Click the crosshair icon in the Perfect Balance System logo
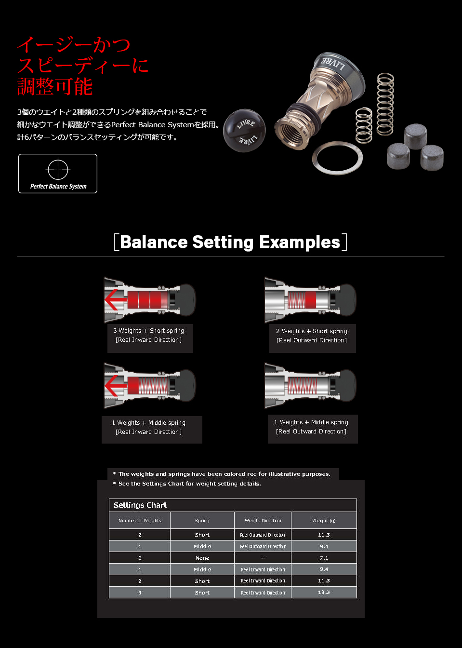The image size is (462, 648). (x=58, y=169)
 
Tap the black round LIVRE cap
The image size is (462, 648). (x=244, y=131)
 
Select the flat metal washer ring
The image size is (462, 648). (x=337, y=158)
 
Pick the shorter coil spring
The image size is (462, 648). (x=364, y=125)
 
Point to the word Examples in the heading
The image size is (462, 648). (x=300, y=242)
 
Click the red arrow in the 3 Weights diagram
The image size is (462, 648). (x=115, y=300)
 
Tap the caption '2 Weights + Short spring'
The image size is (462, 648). (x=312, y=331)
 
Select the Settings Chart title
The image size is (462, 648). (x=140, y=505)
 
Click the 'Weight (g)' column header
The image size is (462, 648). (x=324, y=521)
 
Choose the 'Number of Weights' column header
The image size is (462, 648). (x=140, y=521)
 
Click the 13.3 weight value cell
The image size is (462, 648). (x=324, y=592)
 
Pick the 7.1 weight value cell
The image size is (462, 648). (x=324, y=558)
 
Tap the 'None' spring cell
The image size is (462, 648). (x=202, y=558)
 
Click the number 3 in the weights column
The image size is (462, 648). (x=140, y=593)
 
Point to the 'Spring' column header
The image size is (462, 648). (x=202, y=521)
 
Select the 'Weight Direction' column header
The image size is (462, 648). (x=263, y=521)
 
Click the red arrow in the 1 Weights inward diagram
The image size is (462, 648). (x=115, y=386)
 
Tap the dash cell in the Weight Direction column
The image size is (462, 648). (x=263, y=558)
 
